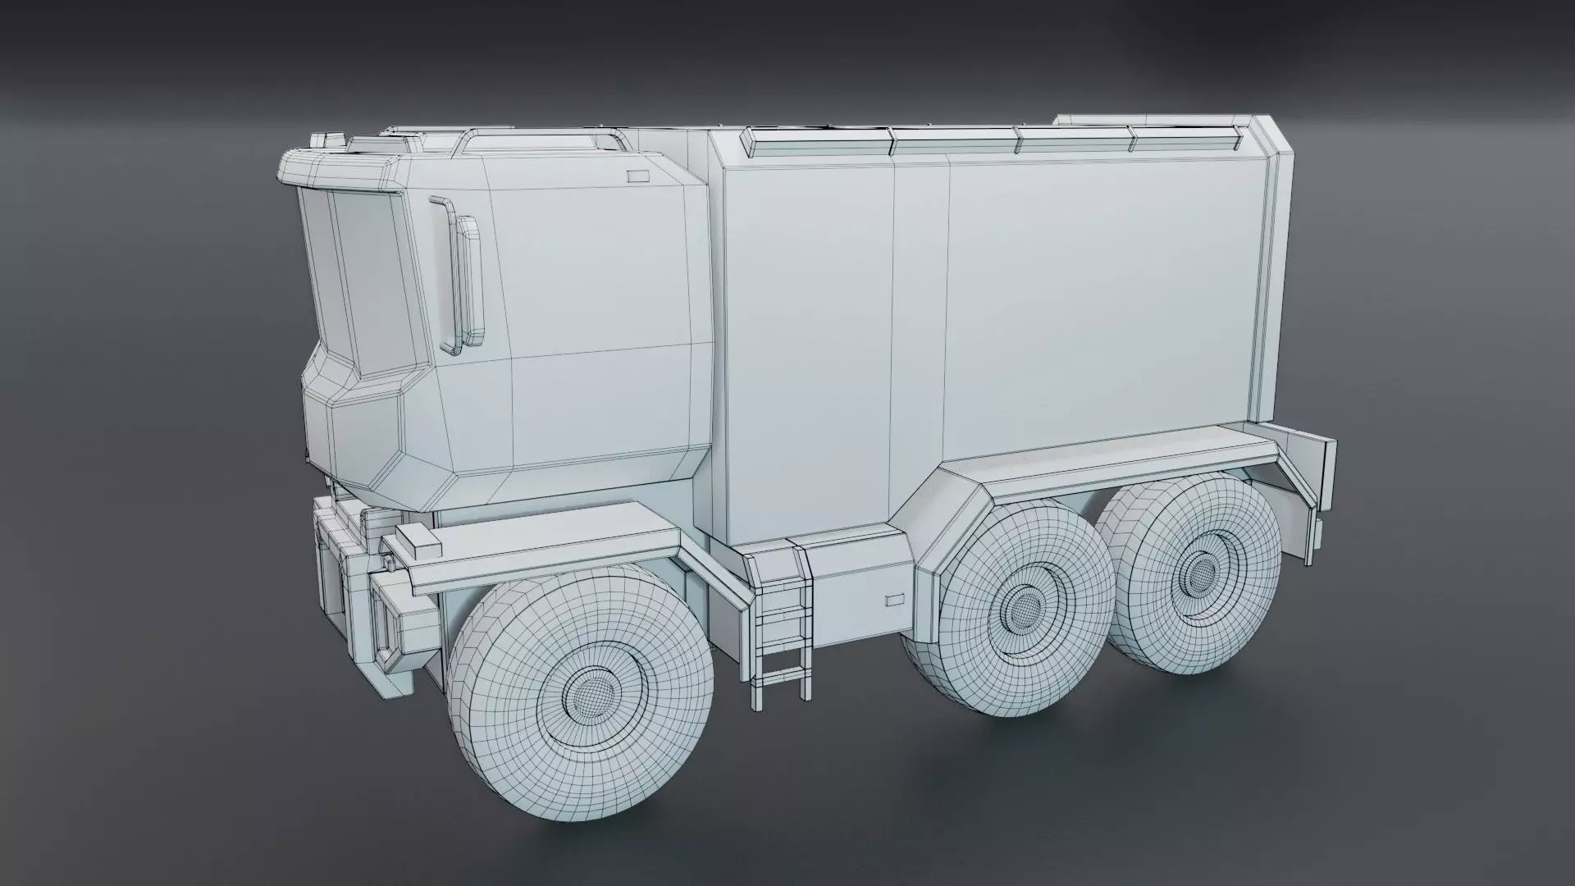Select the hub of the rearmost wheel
pyautogui.click(x=1201, y=572)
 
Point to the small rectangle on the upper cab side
pyautogui.click(x=637, y=176)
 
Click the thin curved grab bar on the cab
pyautogui.click(x=443, y=275)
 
